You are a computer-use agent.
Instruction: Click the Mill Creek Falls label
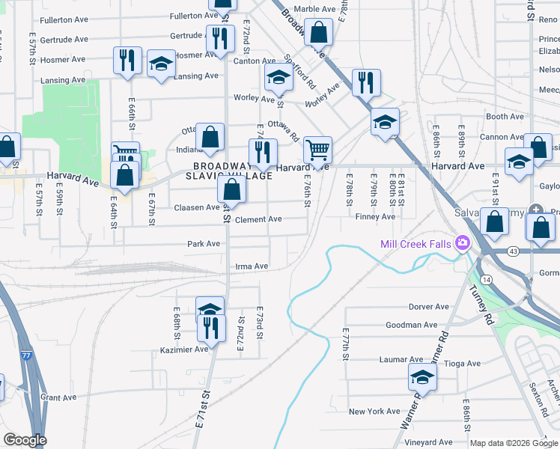click(x=415, y=243)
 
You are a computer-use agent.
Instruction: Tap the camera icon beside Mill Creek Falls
click(x=462, y=242)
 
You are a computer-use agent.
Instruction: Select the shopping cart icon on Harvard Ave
click(x=318, y=150)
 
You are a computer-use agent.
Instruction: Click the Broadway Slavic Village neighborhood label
click(x=233, y=171)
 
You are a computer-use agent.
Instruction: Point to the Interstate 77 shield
click(x=27, y=357)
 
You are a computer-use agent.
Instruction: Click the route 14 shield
click(x=487, y=278)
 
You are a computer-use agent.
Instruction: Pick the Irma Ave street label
click(x=252, y=266)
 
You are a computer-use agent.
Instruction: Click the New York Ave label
click(x=374, y=412)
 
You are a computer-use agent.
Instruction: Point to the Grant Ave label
click(x=59, y=397)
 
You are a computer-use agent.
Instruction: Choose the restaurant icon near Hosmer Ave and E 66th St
click(x=127, y=61)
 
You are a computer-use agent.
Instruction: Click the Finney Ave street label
click(x=375, y=217)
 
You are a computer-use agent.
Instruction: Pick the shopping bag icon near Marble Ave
click(x=318, y=34)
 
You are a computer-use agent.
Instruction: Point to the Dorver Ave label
click(x=428, y=307)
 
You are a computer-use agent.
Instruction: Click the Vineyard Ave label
click(x=429, y=442)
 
